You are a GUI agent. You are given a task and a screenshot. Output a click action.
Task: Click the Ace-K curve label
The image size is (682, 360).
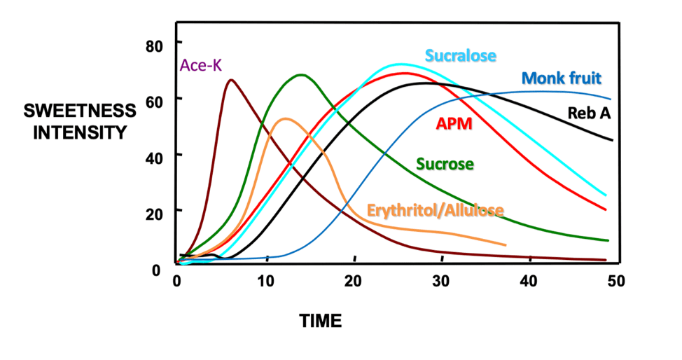coord(201,65)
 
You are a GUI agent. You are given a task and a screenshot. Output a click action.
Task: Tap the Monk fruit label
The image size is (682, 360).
coord(561,78)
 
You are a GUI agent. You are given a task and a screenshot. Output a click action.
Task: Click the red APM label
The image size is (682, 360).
coord(454,125)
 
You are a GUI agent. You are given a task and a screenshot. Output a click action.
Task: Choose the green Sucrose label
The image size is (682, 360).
coord(445,165)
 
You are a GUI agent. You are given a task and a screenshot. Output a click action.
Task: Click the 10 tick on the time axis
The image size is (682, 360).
coord(264,281)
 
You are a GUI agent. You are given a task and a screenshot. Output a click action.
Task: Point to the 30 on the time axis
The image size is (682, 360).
coord(440,281)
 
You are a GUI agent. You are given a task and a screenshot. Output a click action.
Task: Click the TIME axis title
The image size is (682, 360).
coord(321,321)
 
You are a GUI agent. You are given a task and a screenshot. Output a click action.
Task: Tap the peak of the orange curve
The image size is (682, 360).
coord(285,118)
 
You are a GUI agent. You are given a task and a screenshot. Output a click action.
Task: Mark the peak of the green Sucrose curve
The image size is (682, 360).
coord(301,74)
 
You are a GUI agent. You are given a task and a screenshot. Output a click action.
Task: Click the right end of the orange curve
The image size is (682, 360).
coord(505,245)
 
